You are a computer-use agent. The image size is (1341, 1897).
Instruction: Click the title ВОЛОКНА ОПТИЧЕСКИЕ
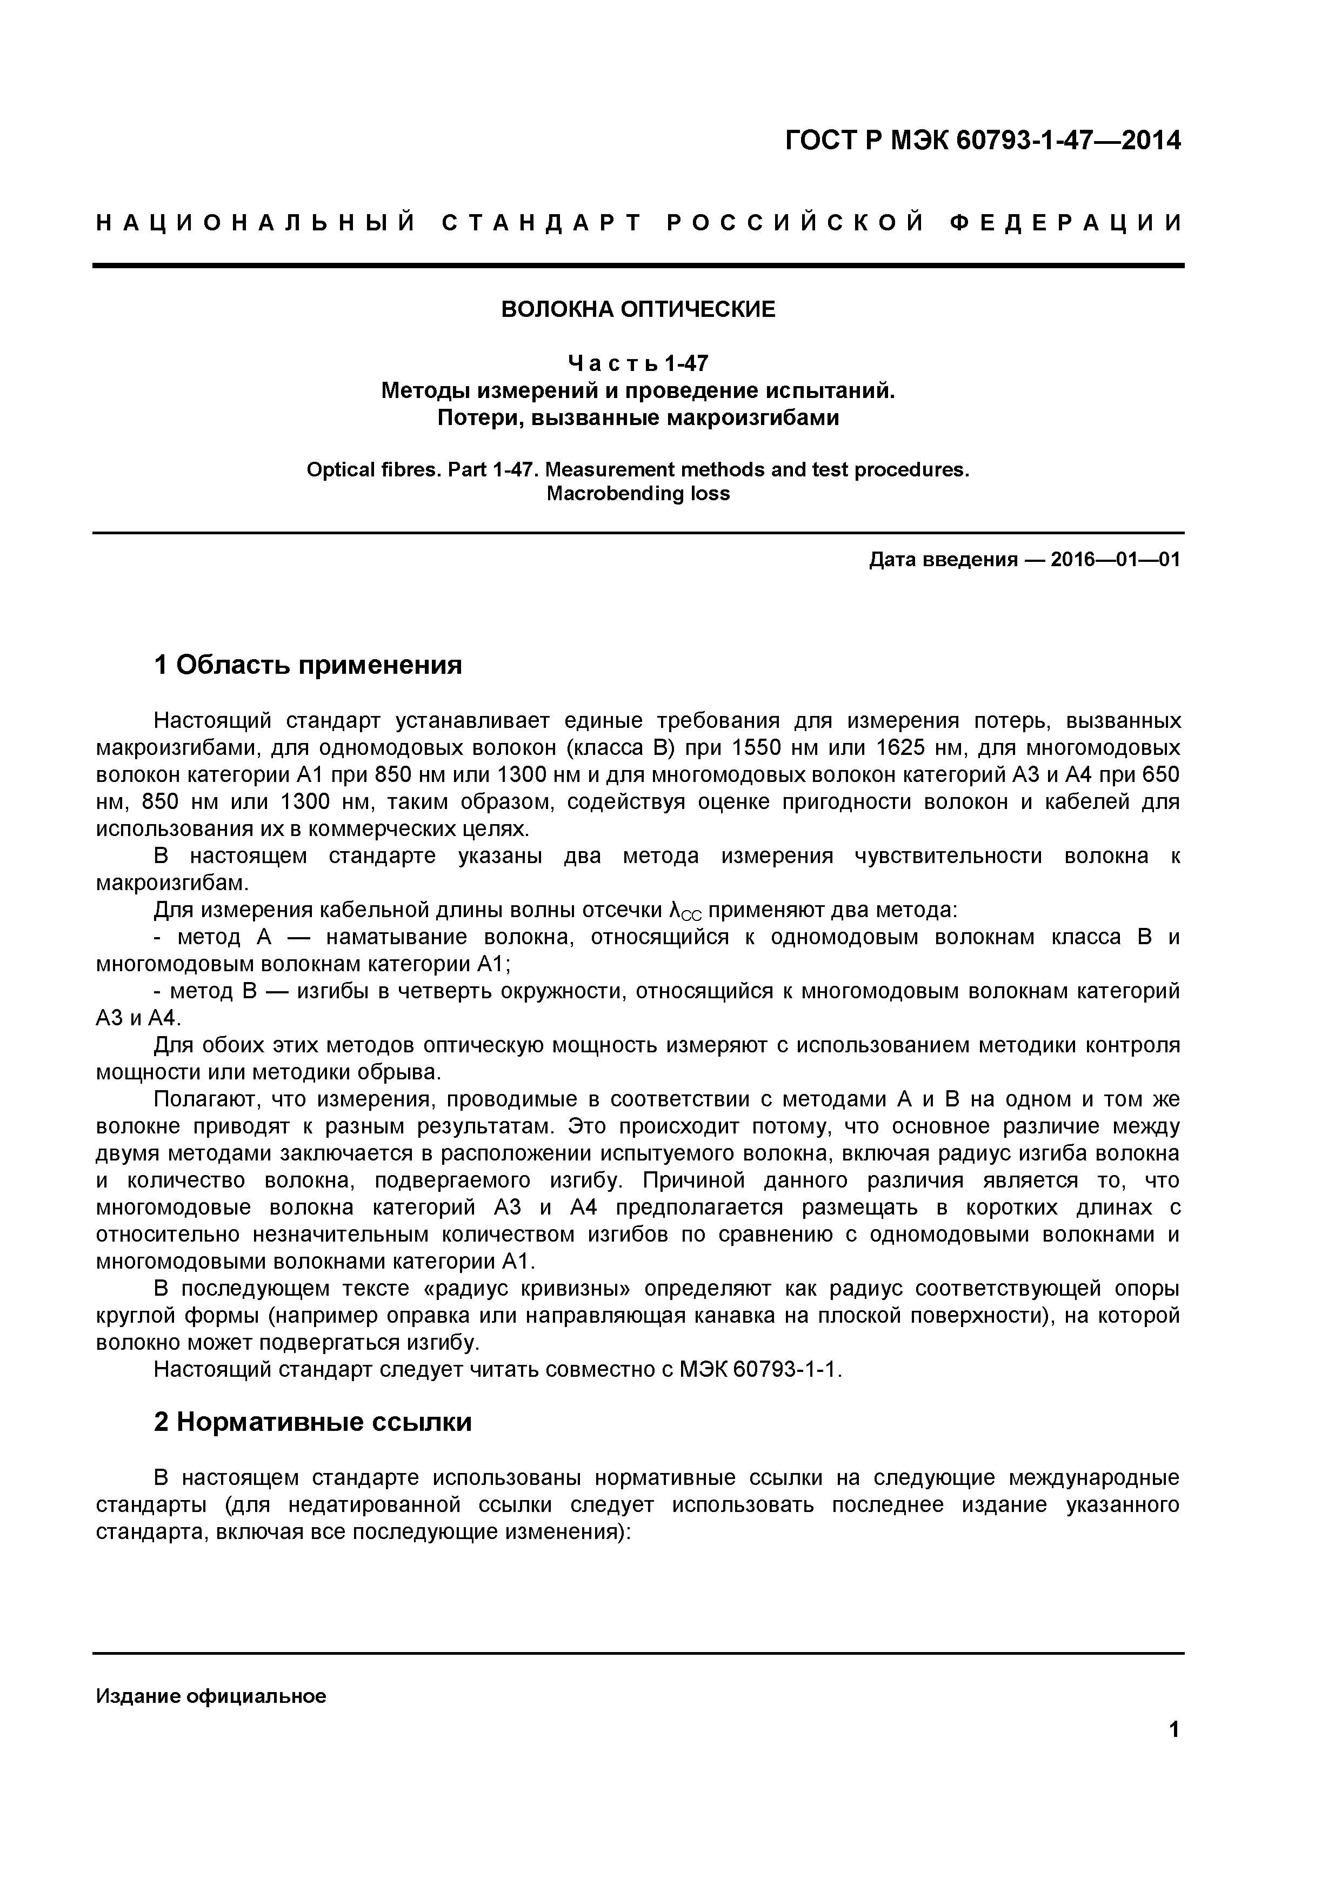638,310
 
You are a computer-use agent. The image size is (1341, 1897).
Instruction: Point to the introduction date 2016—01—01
1115,560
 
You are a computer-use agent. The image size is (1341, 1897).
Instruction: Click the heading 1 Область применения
308,665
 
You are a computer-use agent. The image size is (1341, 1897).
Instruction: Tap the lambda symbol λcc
684,911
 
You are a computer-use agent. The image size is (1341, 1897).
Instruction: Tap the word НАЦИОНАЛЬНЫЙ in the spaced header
256,223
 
